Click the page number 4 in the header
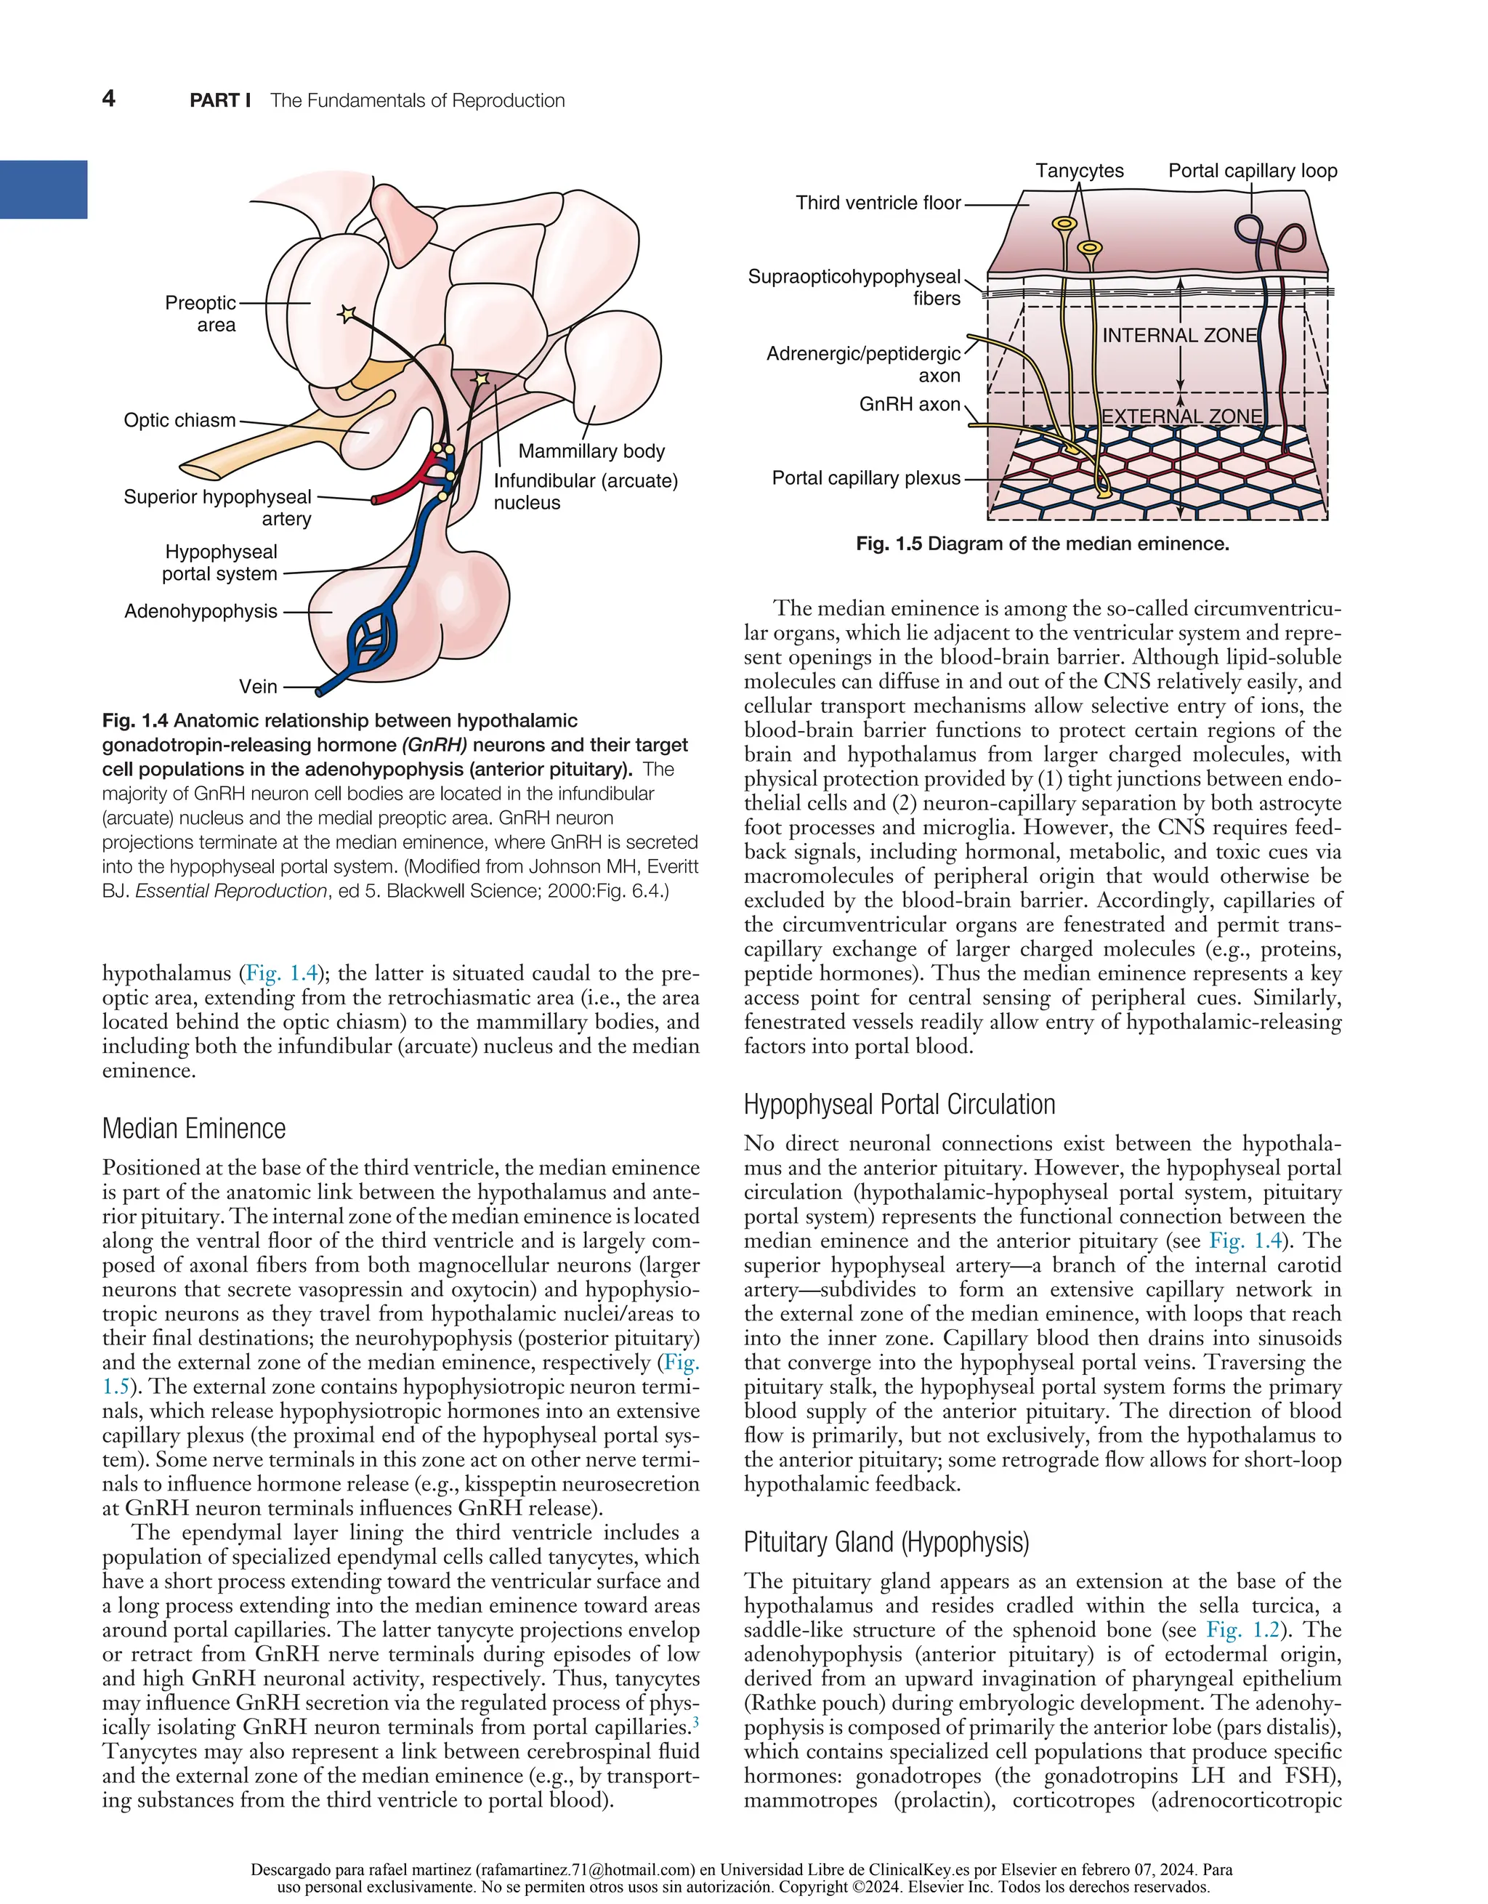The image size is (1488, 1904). click(109, 99)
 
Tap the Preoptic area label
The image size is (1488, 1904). click(201, 314)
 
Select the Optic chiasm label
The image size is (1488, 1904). click(179, 420)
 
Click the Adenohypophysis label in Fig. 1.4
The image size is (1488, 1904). click(201, 611)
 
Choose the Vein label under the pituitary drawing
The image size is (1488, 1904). click(258, 687)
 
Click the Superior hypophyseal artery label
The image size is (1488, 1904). click(218, 507)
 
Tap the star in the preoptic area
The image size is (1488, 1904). click(347, 314)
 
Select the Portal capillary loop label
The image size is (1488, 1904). click(1252, 171)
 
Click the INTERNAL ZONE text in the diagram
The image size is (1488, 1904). click(1179, 336)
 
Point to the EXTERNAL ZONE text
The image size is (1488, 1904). click(1181, 416)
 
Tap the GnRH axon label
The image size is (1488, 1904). click(909, 405)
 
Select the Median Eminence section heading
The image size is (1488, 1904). click(193, 1129)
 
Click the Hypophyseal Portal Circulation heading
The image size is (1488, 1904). click(899, 1105)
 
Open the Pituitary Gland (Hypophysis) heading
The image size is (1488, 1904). click(886, 1542)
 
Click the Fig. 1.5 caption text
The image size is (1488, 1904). click(1042, 544)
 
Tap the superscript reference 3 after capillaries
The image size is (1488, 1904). click(695, 1722)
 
